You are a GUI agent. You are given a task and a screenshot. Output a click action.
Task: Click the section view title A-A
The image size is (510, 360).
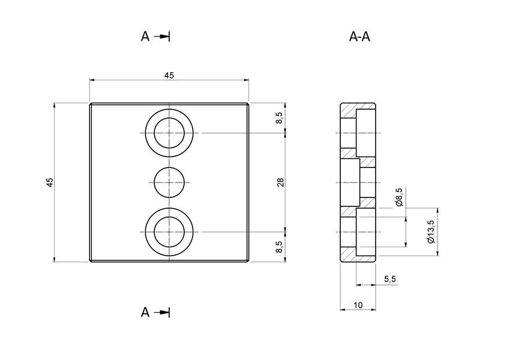359,37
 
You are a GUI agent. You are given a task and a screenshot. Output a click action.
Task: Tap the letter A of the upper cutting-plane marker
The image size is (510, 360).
145,37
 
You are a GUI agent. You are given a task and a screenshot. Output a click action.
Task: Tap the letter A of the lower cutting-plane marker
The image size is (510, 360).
145,313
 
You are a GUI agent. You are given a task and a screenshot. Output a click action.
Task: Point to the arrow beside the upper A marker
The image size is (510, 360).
163,37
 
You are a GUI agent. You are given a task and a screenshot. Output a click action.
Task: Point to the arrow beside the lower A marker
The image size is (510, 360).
163,313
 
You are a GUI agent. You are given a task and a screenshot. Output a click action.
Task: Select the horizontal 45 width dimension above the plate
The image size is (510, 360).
169,75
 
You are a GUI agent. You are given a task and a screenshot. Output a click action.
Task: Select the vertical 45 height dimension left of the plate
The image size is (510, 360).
50,182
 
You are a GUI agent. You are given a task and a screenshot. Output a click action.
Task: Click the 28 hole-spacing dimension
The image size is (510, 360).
280,182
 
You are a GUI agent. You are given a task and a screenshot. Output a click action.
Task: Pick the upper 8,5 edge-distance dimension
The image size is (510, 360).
280,118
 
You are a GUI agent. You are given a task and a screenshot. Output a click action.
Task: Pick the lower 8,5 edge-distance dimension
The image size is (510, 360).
280,247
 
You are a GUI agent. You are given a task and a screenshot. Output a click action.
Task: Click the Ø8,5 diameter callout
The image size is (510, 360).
400,197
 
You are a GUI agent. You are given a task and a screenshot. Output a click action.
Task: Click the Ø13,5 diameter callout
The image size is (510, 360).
430,232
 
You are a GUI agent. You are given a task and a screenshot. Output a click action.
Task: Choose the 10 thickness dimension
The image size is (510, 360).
358,305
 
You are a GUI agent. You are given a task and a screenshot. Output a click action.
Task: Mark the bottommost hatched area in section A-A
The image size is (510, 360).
349,255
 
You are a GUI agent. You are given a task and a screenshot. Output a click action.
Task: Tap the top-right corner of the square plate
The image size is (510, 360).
248,104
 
